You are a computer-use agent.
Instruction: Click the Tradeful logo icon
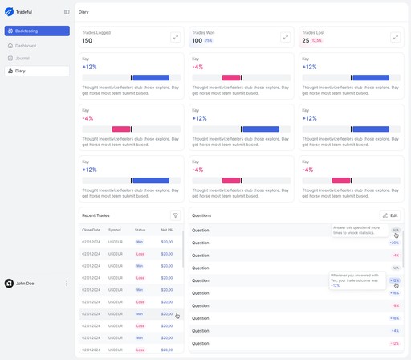10,12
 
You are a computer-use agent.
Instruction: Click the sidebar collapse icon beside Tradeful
67,12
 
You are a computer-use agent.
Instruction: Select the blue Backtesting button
37,31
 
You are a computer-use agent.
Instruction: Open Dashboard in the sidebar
26,46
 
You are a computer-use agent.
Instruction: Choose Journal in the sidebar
22,58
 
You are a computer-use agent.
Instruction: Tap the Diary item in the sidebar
20,71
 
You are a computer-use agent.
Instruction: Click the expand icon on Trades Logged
175,37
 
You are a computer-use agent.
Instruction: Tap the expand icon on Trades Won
285,37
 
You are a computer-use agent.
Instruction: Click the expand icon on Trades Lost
395,37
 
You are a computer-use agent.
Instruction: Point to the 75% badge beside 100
209,41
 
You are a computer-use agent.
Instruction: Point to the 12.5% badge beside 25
316,41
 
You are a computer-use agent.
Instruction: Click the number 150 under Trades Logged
87,41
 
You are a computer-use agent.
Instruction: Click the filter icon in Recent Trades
175,215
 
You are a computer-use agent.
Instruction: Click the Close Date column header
91,230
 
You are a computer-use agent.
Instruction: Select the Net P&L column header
167,230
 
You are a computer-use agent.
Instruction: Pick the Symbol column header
115,230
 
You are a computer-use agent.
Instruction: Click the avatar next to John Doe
9,283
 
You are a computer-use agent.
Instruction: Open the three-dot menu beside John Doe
67,283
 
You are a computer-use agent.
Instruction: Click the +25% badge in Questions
394,243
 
